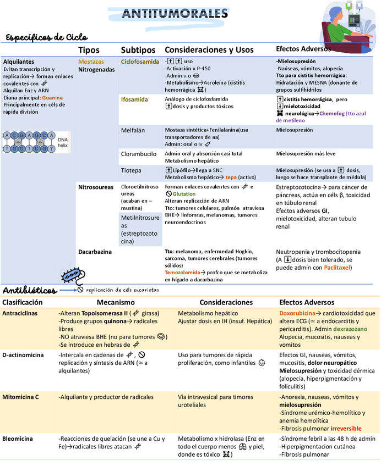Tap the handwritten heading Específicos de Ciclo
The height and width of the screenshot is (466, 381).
47,37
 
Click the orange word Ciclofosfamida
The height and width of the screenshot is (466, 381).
140,62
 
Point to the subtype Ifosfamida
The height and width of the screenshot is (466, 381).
134,99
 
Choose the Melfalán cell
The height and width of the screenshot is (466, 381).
133,130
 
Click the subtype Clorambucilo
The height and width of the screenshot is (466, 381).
139,154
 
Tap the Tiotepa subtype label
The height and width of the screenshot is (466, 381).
131,170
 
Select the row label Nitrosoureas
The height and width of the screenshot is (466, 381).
96,187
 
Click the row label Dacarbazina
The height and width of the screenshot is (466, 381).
95,252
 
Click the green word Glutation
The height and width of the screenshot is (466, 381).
184,194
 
